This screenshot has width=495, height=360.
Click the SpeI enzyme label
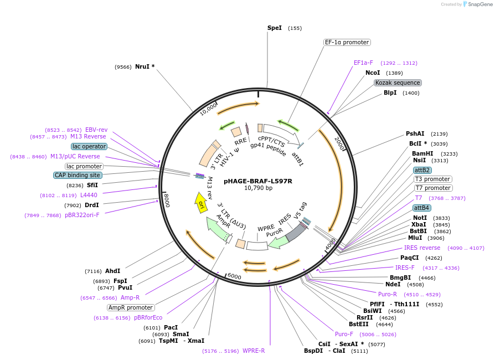tap(275, 28)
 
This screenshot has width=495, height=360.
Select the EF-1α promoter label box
tap(347, 42)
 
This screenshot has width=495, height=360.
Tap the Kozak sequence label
tap(398, 83)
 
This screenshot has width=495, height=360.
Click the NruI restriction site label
tap(145, 66)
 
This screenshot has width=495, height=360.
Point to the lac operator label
tap(89, 146)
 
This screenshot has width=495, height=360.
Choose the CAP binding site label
tap(78, 175)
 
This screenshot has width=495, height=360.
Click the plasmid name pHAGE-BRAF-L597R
tap(258, 181)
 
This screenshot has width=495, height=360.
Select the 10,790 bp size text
tap(258, 188)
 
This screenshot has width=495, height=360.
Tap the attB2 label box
tap(422, 170)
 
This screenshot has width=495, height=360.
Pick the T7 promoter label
tap(433, 188)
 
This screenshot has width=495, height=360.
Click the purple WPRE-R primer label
tap(254, 351)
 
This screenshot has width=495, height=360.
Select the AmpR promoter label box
tap(131, 307)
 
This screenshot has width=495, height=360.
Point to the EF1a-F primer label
tap(363, 63)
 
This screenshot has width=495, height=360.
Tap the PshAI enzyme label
tap(415, 133)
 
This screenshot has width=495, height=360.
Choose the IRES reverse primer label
tap(422, 248)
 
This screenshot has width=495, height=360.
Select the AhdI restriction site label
tap(112, 271)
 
